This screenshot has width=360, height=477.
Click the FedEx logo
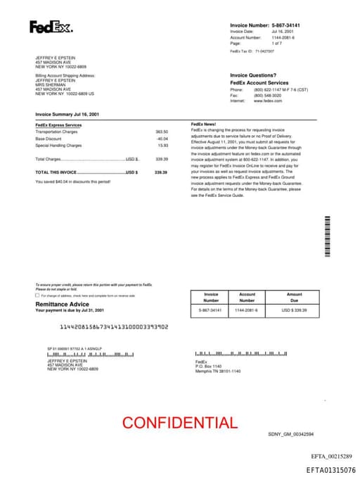pos(50,28)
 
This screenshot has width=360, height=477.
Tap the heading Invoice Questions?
pos(253,75)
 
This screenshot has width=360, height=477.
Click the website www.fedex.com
pos(267,101)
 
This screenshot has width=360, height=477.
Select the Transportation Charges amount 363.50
pos(162,132)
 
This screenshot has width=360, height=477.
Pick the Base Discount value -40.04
pos(162,139)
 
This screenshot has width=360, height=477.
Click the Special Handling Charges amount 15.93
pos(163,145)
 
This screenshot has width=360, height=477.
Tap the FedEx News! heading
pos(203,124)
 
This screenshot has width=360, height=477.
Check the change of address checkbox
pos(37,296)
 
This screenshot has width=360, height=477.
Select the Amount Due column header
pos(294,297)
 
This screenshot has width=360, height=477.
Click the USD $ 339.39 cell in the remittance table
pos(294,310)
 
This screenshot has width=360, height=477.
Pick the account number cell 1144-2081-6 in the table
pos(247,310)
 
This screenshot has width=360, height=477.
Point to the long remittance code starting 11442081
pos(113,327)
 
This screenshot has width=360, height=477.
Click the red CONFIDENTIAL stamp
pos(179,423)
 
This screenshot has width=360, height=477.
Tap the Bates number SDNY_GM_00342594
pos(290,435)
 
